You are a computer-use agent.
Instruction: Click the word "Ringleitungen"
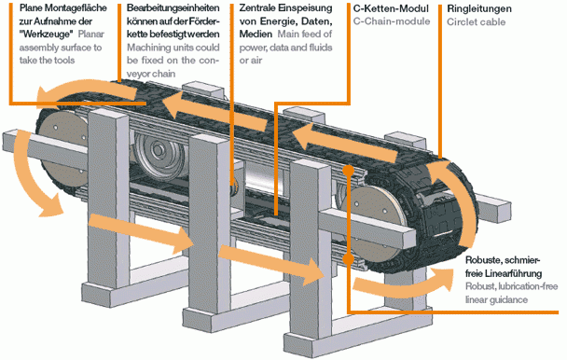click(479, 8)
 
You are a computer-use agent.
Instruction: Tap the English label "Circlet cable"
click(476, 22)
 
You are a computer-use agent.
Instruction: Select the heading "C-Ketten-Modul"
click(391, 8)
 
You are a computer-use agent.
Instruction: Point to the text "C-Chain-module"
click(392, 21)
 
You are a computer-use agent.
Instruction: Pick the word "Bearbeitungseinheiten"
click(173, 8)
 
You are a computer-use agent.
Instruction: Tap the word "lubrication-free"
click(528, 286)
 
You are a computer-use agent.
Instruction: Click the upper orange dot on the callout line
click(348, 170)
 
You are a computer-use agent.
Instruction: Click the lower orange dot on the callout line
click(348, 259)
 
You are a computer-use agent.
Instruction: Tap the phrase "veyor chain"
click(151, 74)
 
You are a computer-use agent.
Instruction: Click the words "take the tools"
click(47, 60)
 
